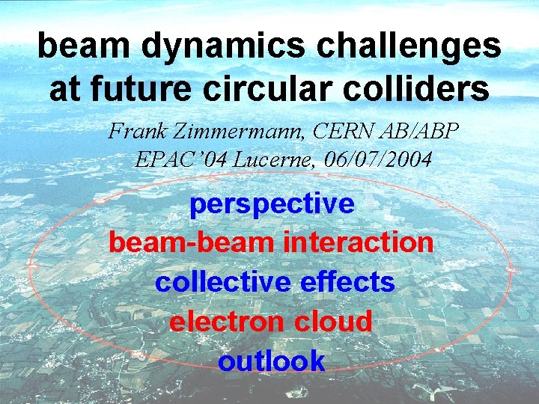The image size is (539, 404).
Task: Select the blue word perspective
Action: [272, 204]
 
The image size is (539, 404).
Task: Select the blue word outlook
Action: [271, 361]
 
